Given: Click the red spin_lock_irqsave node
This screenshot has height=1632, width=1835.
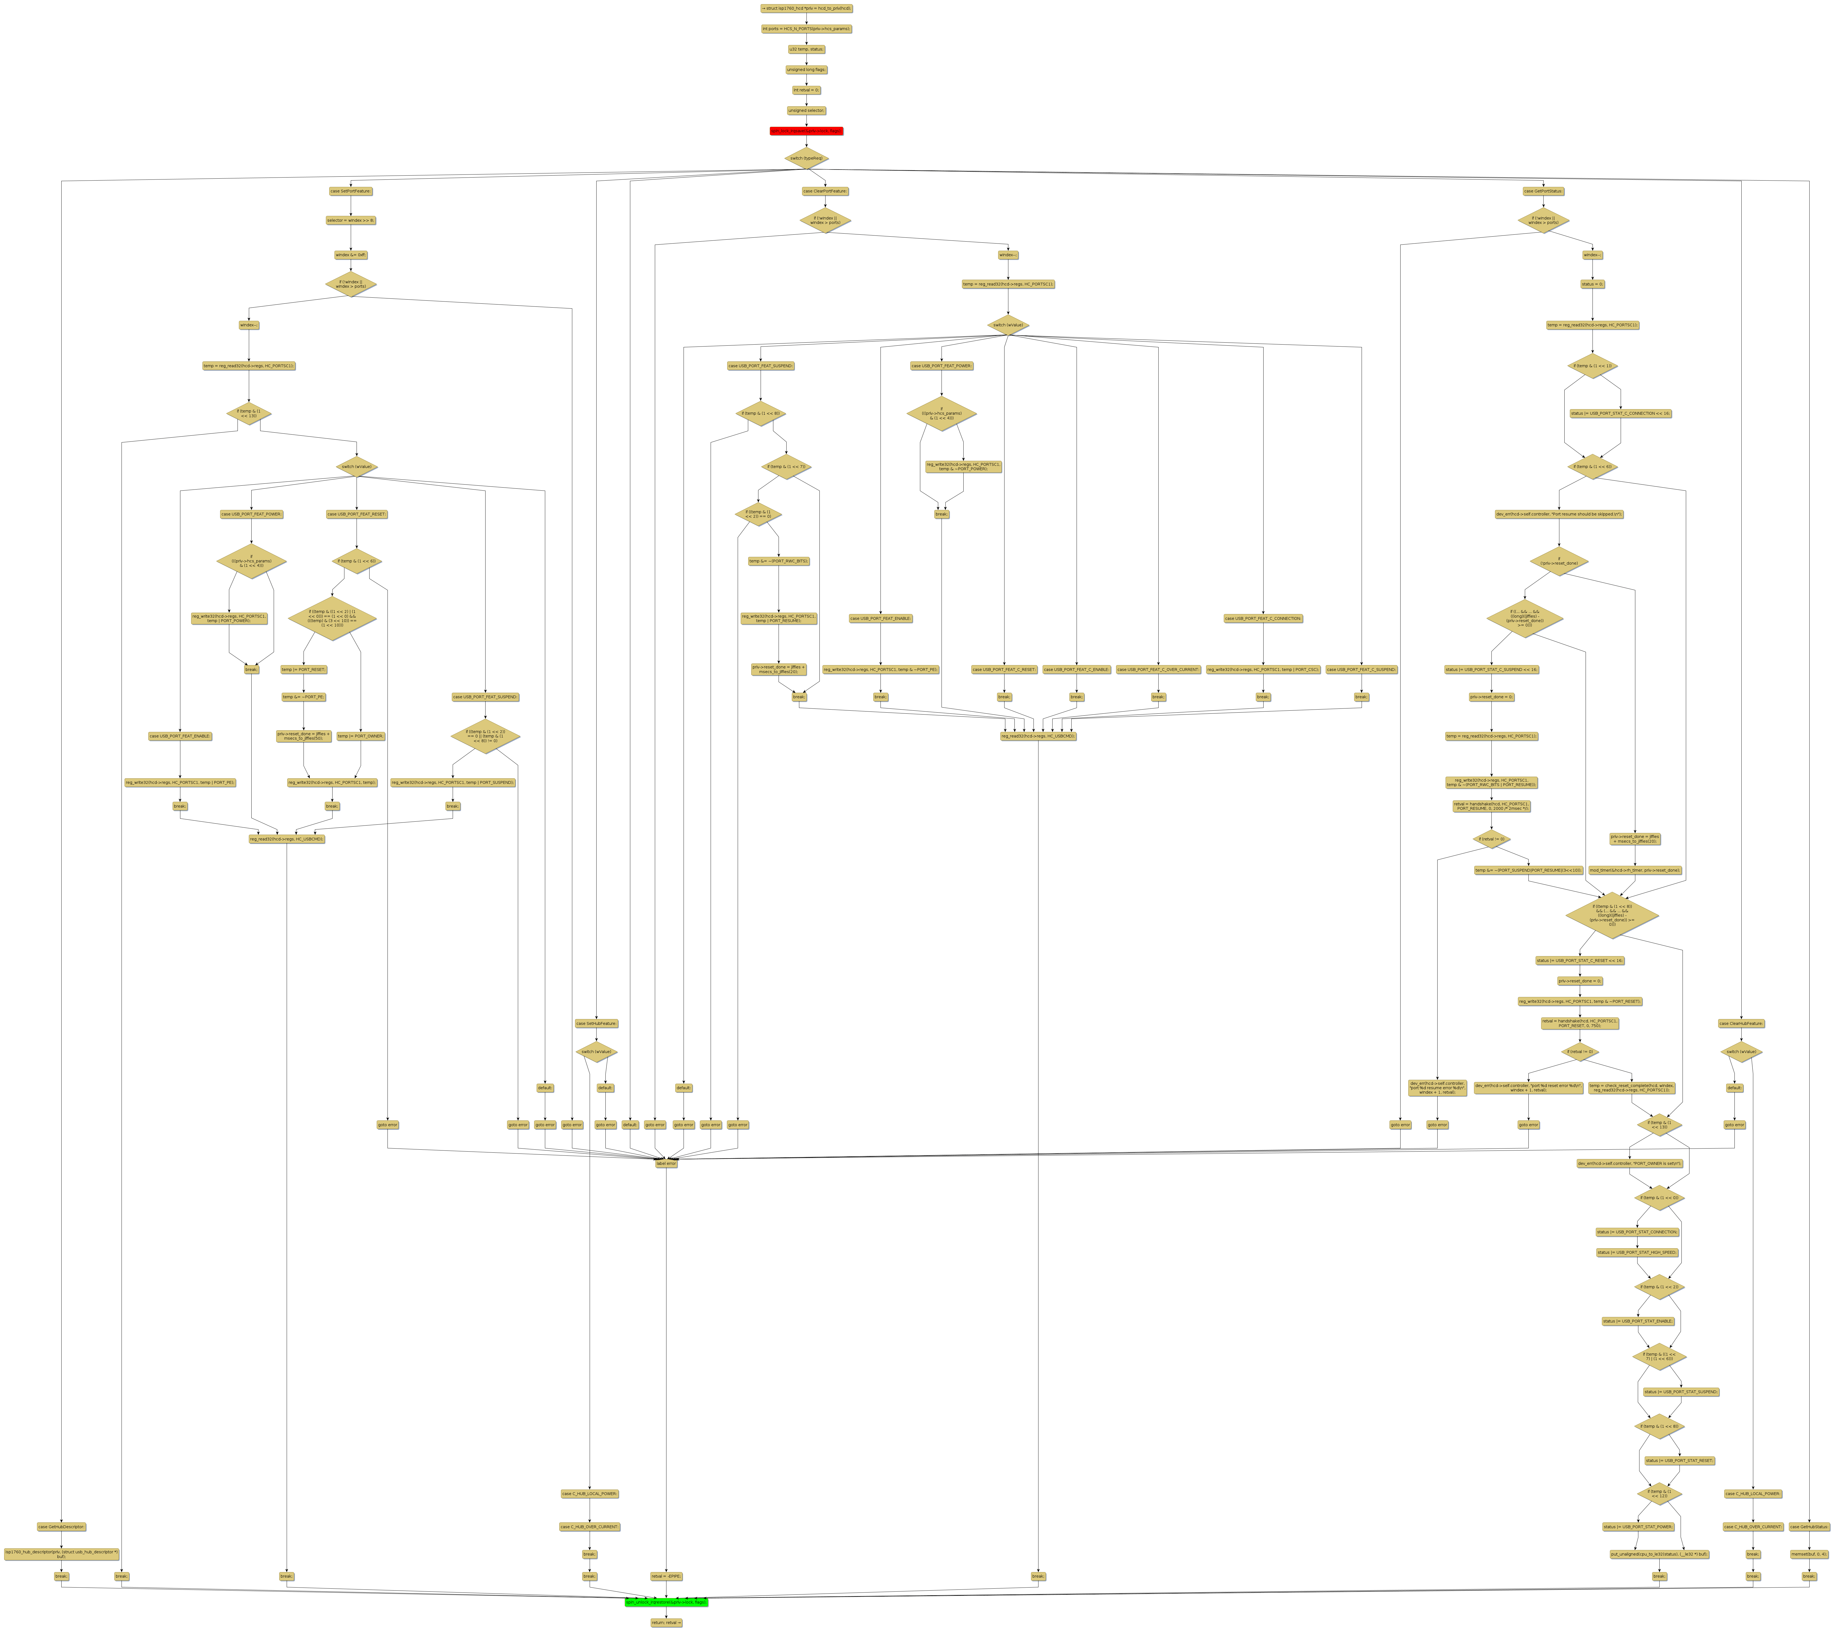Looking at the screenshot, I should [x=806, y=131].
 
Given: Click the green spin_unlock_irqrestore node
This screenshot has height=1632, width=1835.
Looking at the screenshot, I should [x=666, y=1601].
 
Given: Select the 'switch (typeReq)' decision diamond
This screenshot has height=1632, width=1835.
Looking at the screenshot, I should [x=806, y=158].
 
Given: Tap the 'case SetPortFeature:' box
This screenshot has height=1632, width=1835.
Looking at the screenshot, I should [x=350, y=191].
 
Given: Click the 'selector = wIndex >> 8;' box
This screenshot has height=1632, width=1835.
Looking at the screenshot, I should [x=350, y=220].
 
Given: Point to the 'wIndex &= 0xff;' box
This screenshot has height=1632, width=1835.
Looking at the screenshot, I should [x=350, y=255].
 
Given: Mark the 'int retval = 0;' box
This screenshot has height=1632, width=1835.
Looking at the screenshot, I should [x=806, y=90].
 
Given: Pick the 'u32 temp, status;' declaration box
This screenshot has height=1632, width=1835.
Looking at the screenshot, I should [x=806, y=49].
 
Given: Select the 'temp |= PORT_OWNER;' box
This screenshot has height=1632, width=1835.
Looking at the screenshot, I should [x=361, y=736].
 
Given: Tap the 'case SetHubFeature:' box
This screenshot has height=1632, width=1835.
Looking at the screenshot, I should [x=596, y=1023].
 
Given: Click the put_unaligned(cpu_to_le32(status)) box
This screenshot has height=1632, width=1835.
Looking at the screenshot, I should [x=1659, y=1554].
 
